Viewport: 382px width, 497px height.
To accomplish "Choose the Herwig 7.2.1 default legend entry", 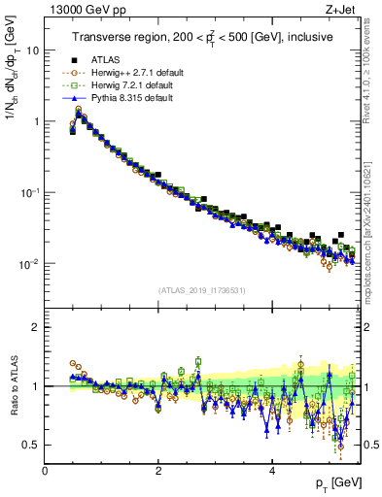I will pyautogui.click(x=134, y=85).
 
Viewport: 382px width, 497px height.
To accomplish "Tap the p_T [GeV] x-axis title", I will pyautogui.click(x=333, y=482).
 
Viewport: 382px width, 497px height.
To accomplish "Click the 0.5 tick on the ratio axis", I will pyautogui.click(x=30, y=445).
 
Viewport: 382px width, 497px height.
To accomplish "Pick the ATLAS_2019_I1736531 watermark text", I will pyautogui.click(x=201, y=290).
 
